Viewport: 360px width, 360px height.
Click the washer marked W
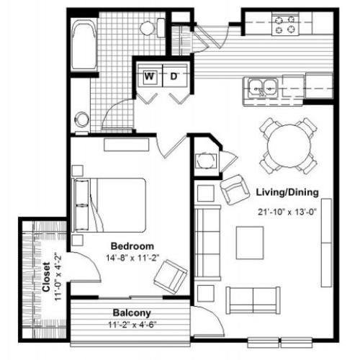(150, 76)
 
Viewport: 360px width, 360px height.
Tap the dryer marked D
(175, 76)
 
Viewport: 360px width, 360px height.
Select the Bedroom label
(132, 246)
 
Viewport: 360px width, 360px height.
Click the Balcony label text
(132, 313)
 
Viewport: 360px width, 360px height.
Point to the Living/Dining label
(287, 192)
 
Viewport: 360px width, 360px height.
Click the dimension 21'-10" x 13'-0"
(287, 212)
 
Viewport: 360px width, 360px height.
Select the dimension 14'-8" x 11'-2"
(132, 258)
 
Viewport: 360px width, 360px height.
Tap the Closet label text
(46, 276)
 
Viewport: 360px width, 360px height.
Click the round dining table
(289, 145)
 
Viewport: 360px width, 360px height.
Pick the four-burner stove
(285, 24)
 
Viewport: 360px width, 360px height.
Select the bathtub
(84, 45)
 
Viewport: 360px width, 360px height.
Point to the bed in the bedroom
(109, 205)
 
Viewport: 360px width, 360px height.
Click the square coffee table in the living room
(250, 243)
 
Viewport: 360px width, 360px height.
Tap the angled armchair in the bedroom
(171, 276)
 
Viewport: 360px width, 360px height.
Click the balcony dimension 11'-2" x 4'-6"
(132, 325)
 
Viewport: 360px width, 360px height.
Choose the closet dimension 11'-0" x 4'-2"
(58, 276)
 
